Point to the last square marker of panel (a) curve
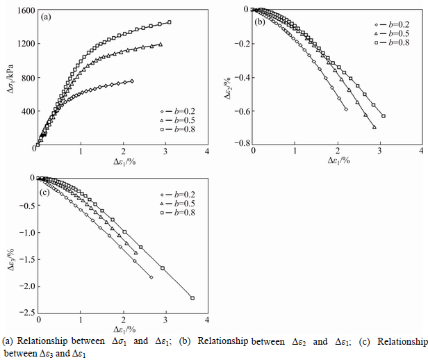click(x=169, y=22)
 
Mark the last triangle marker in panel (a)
click(x=160, y=44)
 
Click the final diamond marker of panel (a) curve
click(x=132, y=81)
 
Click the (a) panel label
click(x=45, y=16)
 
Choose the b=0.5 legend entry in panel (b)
click(x=395, y=33)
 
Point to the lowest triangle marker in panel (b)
click(x=374, y=127)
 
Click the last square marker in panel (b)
click(x=384, y=115)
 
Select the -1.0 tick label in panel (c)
click(x=25, y=231)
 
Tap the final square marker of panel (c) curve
click(x=192, y=298)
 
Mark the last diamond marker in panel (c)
click(x=151, y=277)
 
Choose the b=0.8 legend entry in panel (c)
click(x=179, y=212)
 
